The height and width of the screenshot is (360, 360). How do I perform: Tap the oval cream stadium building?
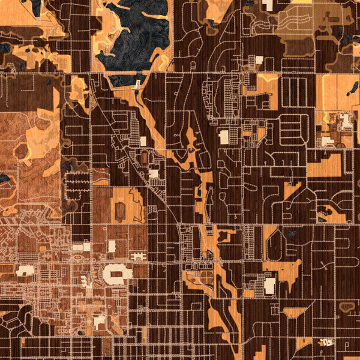point(118,274)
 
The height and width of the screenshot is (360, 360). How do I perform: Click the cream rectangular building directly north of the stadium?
point(112,246)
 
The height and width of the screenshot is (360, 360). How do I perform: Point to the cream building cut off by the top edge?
point(267,5)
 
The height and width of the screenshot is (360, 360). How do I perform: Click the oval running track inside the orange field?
point(119,210)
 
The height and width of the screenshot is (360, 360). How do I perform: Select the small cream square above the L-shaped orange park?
point(259,59)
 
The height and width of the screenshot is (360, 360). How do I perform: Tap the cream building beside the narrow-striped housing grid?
point(224,137)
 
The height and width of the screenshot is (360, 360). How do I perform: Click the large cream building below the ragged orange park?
point(269,285)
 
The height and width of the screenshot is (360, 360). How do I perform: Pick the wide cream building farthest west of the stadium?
point(25,271)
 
